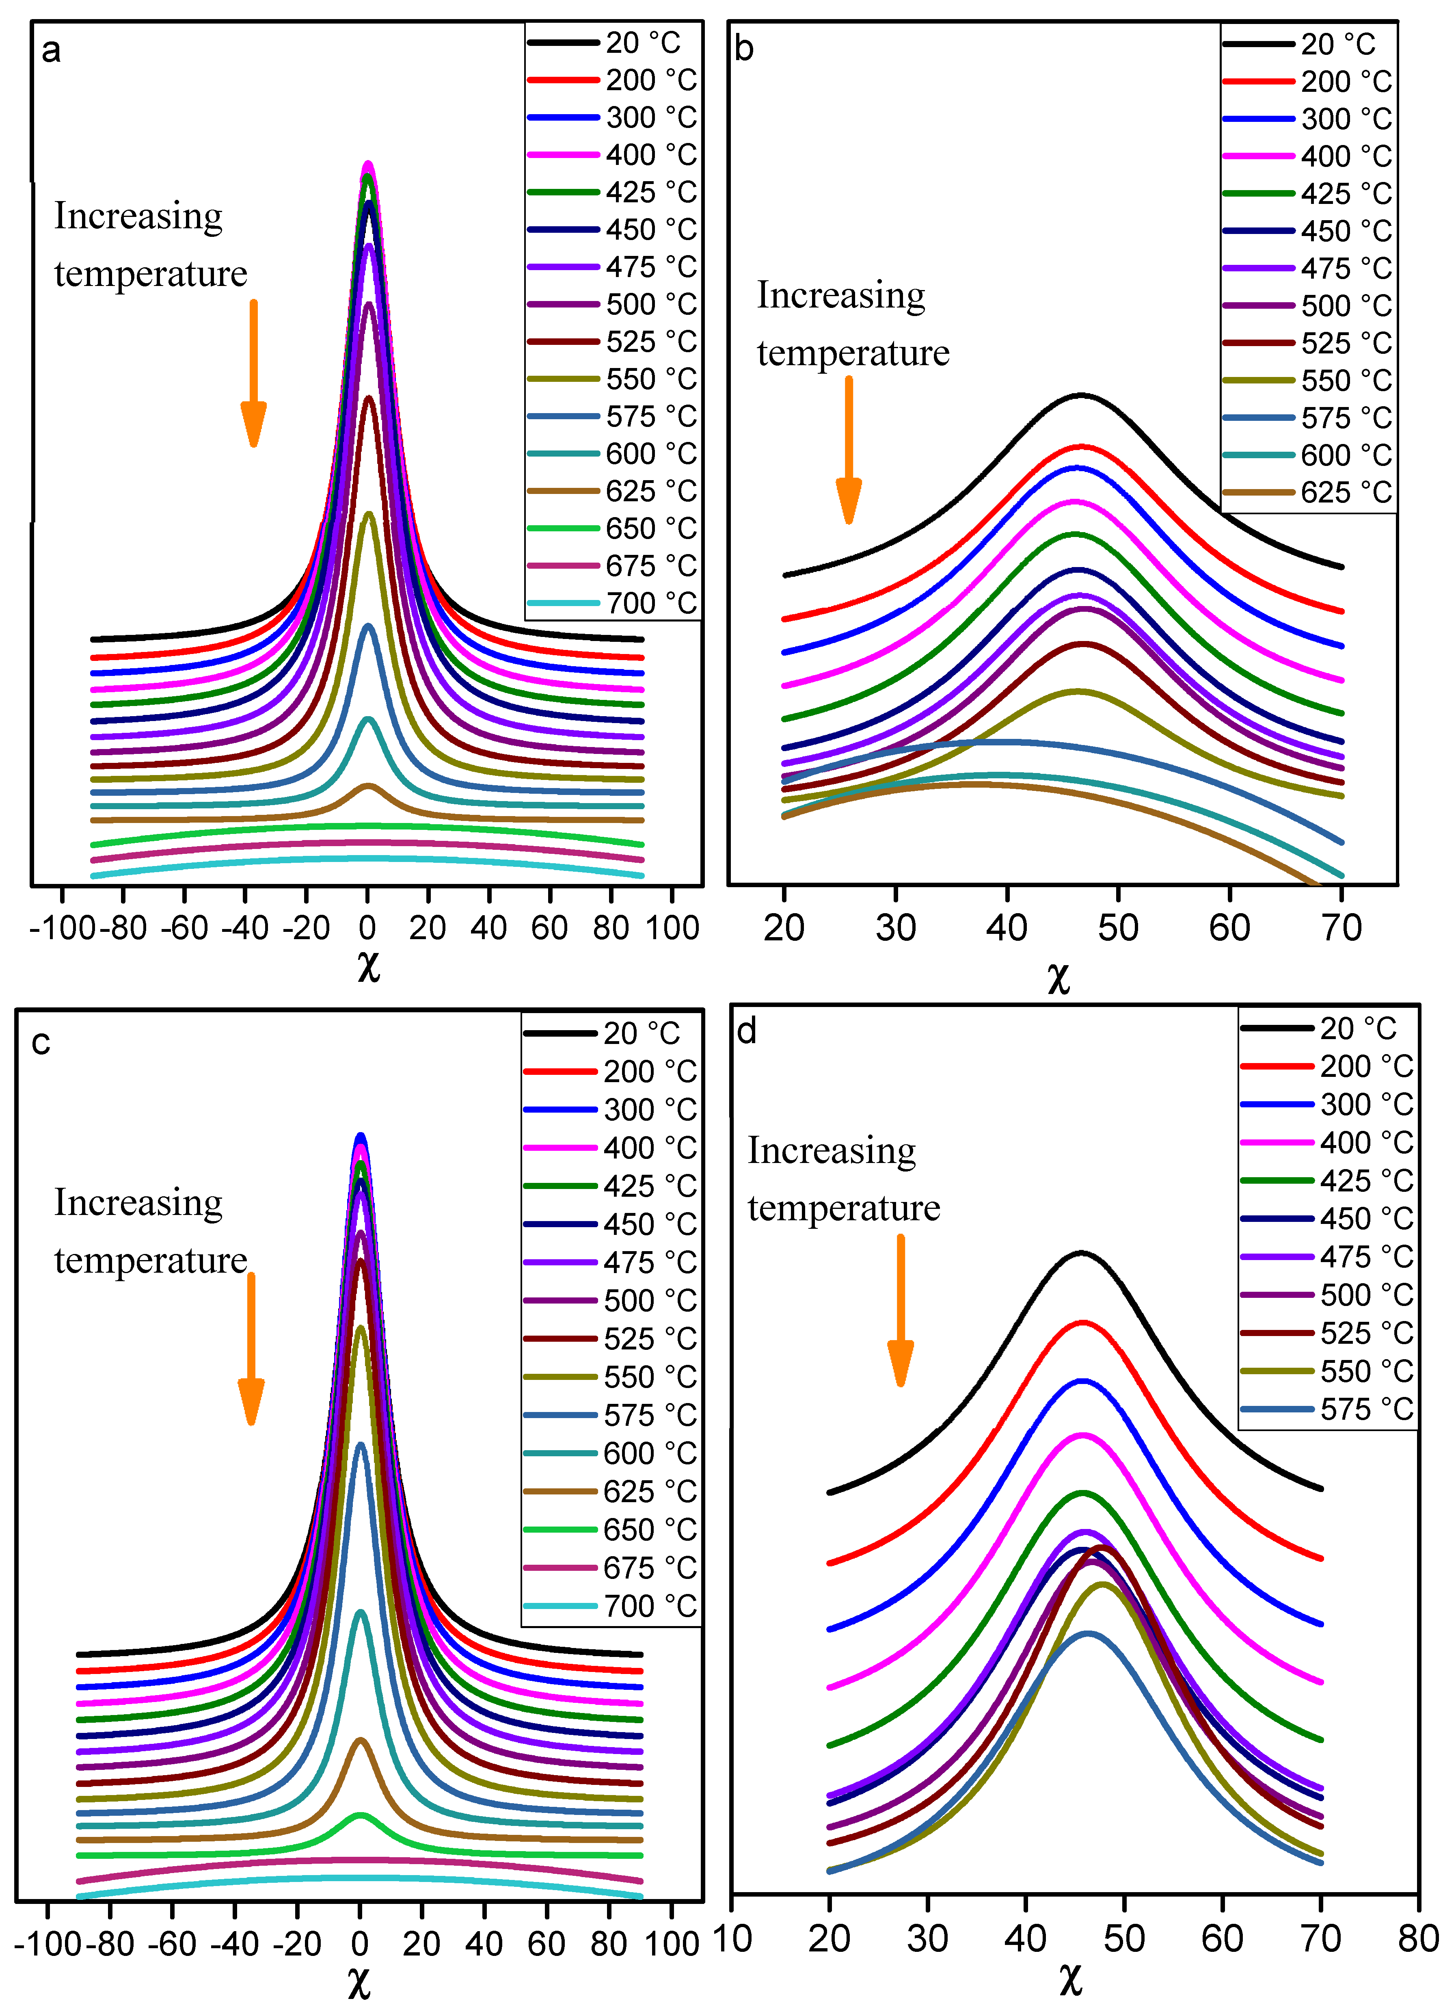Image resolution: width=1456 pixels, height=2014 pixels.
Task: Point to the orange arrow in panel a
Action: point(253,373)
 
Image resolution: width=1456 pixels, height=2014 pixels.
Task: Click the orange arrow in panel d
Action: point(900,1310)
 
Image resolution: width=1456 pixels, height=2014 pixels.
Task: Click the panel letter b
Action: point(744,49)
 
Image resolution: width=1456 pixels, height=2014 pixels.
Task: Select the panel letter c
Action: point(41,1042)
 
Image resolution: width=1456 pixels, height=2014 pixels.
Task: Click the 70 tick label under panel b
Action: point(1341,928)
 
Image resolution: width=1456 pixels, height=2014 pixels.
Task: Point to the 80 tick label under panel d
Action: point(1418,1938)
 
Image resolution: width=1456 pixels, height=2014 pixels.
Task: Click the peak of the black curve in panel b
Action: point(1080,395)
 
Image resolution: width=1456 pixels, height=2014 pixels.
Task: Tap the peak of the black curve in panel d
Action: point(1081,1253)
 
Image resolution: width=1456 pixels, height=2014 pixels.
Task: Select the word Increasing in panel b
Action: point(841,296)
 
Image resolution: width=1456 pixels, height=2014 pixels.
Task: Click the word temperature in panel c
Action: point(151,1260)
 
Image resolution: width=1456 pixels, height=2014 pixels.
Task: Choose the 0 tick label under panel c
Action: point(360,1943)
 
